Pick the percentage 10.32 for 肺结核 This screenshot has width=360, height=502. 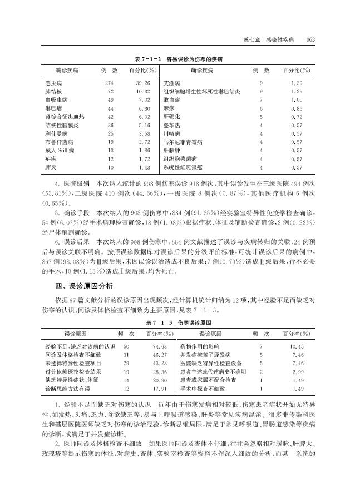point(145,91)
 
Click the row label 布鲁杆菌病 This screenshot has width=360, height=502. point(57,142)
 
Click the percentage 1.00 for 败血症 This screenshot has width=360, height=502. point(296,100)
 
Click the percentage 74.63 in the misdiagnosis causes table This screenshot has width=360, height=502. point(160,346)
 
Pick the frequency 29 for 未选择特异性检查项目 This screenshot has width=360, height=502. point(126,362)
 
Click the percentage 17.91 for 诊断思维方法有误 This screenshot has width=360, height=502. point(160,388)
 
